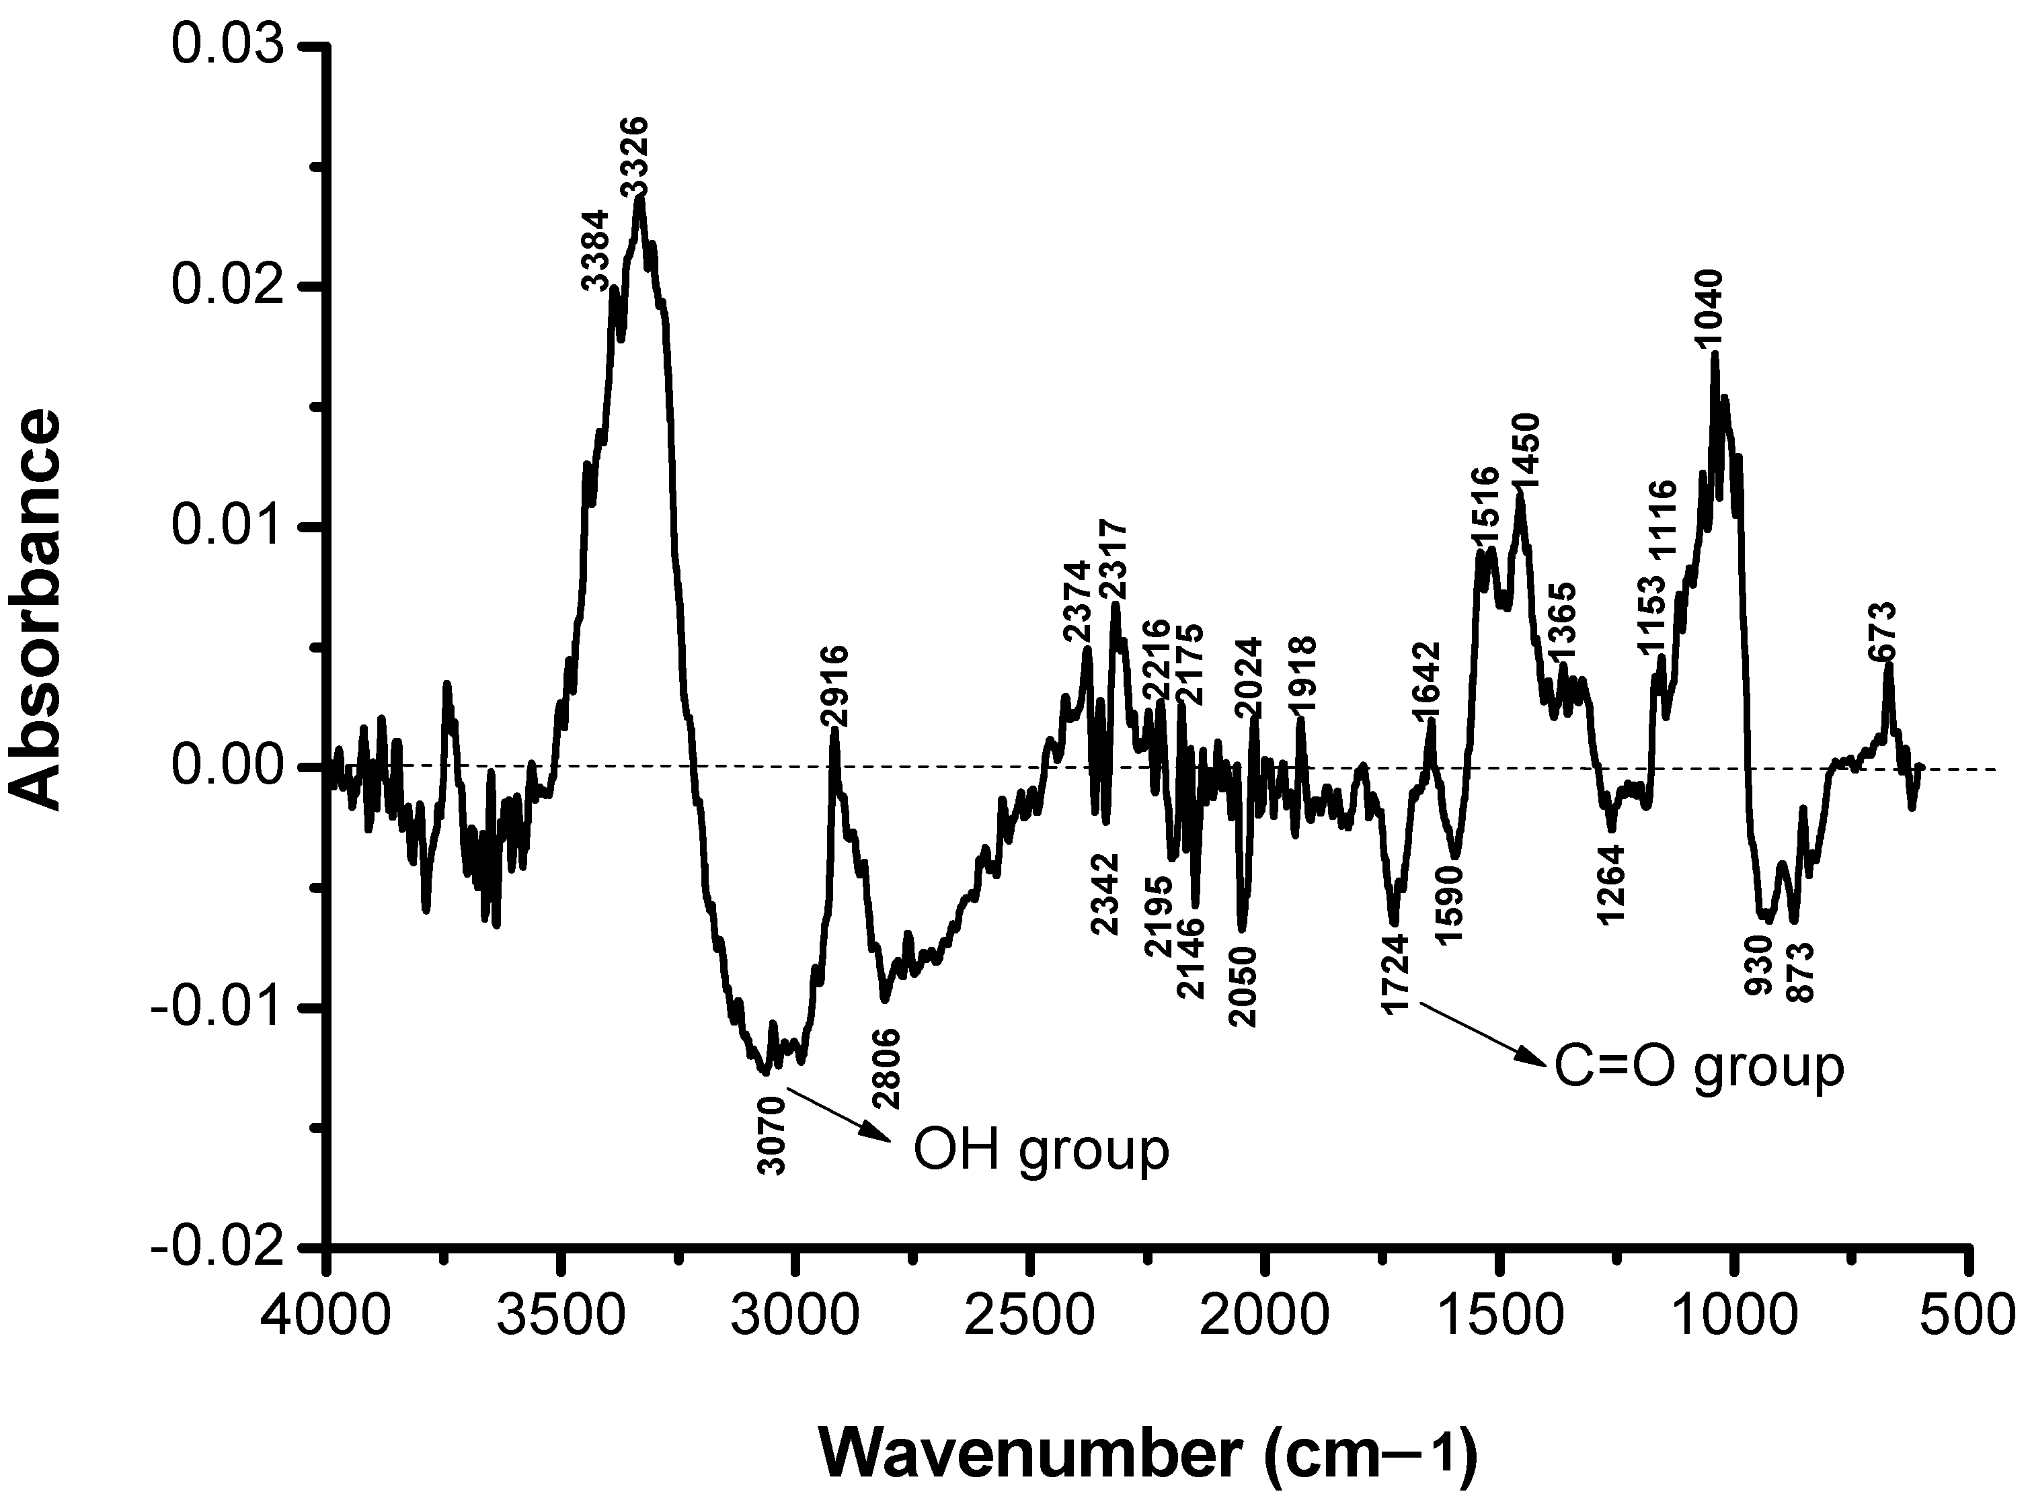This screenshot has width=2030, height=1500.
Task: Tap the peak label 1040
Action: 1707,308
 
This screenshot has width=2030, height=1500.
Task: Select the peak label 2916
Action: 834,685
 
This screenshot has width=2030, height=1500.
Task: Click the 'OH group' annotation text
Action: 1041,1151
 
